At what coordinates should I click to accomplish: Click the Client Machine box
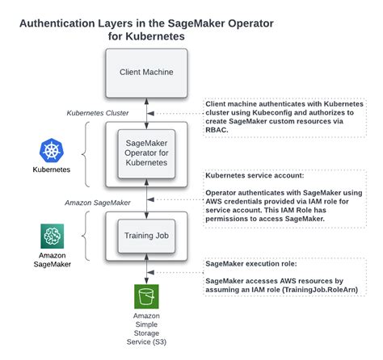click(x=146, y=72)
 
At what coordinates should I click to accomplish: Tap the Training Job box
click(x=146, y=236)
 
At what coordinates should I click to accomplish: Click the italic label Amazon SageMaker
click(x=99, y=200)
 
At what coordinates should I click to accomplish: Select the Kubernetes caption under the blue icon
click(x=51, y=170)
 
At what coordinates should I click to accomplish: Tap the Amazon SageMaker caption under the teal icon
click(x=51, y=259)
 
